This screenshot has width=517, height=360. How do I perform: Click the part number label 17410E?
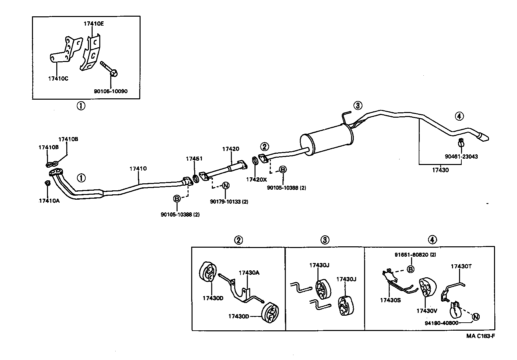point(94,24)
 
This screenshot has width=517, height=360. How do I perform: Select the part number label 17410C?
point(58,79)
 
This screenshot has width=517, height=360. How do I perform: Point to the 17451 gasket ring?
point(196,179)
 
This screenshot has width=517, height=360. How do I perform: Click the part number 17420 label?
point(231,149)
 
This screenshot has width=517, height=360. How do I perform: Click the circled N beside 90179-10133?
point(226,186)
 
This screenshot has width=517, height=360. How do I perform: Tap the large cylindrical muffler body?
point(326,140)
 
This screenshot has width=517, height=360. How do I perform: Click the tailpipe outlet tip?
point(484,137)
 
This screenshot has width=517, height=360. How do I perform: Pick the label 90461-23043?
point(461,156)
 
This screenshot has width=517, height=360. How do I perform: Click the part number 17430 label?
point(440,170)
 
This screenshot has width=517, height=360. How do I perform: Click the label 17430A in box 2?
point(249,273)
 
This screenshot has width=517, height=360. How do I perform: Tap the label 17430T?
point(461,266)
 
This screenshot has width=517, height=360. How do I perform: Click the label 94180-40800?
point(441,323)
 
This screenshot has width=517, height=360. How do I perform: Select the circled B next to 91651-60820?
point(411,269)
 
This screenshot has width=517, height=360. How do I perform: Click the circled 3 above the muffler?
point(357,106)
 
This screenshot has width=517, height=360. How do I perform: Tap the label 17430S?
point(390,300)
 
